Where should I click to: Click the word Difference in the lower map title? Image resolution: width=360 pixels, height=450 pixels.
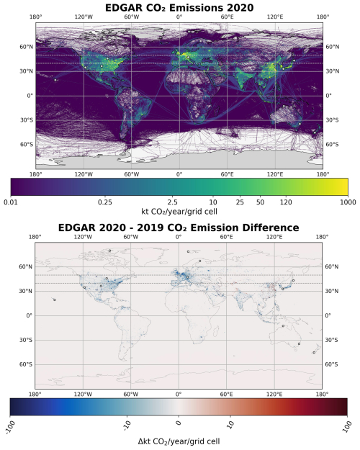pos(263,228)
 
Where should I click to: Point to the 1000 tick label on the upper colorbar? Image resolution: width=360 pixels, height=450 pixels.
pos(347,203)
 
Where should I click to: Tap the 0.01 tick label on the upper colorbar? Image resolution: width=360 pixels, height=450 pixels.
pos(12,203)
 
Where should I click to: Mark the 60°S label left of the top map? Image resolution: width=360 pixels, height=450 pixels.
pos(25,145)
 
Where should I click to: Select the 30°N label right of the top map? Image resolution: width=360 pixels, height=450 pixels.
pos(333,71)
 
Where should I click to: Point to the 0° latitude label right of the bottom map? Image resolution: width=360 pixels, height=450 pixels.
pos(330,315)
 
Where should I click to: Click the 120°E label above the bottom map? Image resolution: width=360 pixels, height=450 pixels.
pos(274,236)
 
